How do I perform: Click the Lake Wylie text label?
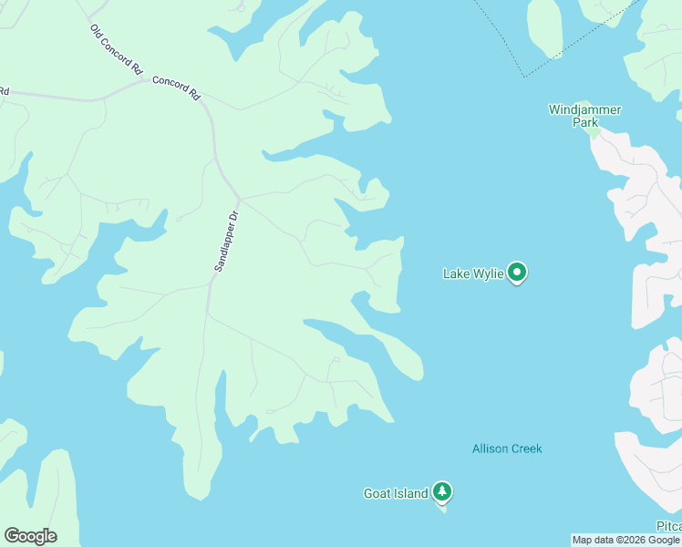coord(472,273)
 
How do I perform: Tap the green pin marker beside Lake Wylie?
coord(517,272)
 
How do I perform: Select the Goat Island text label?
coord(396,494)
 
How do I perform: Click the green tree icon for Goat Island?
coord(442,492)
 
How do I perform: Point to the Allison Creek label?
coord(507,449)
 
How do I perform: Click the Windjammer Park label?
coord(584,116)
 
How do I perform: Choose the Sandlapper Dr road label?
coord(225,242)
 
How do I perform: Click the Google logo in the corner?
coord(30,536)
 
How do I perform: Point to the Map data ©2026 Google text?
coord(625,541)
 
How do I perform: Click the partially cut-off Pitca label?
coord(668,527)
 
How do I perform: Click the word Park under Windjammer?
coord(584,122)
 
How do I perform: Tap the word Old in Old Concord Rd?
coord(96,31)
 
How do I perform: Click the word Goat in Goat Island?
coord(377,494)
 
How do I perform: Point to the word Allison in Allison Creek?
coord(489,449)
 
